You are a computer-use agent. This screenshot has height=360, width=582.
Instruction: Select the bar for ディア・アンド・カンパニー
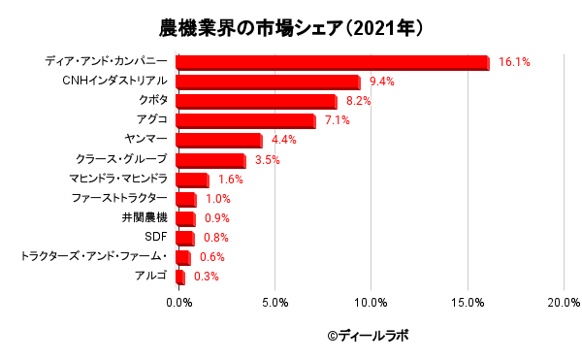pos(332,63)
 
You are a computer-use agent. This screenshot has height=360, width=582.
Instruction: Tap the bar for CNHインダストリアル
pos(268,82)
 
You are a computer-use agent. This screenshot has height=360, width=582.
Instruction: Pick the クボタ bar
pos(256,102)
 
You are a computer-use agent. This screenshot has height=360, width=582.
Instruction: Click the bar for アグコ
pos(245,121)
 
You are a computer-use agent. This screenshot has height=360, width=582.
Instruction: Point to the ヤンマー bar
pos(219,141)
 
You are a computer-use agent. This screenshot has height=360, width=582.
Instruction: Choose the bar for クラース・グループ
pos(210,160)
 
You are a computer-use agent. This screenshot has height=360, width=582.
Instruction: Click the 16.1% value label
pos(514,62)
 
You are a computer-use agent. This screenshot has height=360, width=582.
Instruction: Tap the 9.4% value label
pos(381,82)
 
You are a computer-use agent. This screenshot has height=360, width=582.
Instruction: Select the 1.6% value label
pos(230,180)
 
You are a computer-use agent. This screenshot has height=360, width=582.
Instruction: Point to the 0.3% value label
pos(206,277)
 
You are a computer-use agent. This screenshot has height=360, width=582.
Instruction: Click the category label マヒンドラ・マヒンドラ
pos(119,179)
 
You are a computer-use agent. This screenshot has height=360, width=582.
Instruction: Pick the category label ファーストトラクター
pos(119,198)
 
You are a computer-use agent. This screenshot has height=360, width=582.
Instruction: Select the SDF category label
pos(156,237)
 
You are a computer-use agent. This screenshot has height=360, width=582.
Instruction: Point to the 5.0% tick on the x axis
pos(275,303)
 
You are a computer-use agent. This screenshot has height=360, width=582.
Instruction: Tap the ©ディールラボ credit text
pos(369,336)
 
